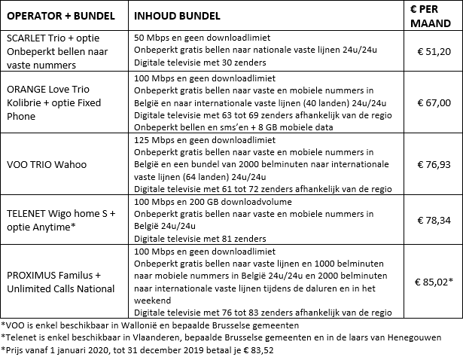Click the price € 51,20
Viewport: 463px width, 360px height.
click(433, 51)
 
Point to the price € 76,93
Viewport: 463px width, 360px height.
click(433, 165)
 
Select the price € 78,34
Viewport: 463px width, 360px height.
click(433, 219)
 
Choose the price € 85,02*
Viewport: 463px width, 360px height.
click(434, 282)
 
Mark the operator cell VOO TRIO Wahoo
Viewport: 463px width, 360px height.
click(47, 165)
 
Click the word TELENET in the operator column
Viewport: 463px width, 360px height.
click(27, 213)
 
